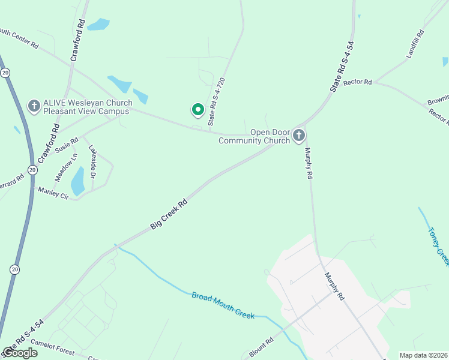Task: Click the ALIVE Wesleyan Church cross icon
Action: [34, 107]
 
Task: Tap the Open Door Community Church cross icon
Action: [299, 136]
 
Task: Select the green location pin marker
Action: [197, 110]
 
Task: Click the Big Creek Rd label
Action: [169, 214]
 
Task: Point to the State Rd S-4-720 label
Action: [216, 101]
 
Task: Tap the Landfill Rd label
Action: [414, 44]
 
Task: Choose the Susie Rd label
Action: [67, 145]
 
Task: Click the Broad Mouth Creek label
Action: [223, 305]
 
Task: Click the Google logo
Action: [19, 353]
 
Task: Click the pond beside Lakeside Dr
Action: [77, 181]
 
